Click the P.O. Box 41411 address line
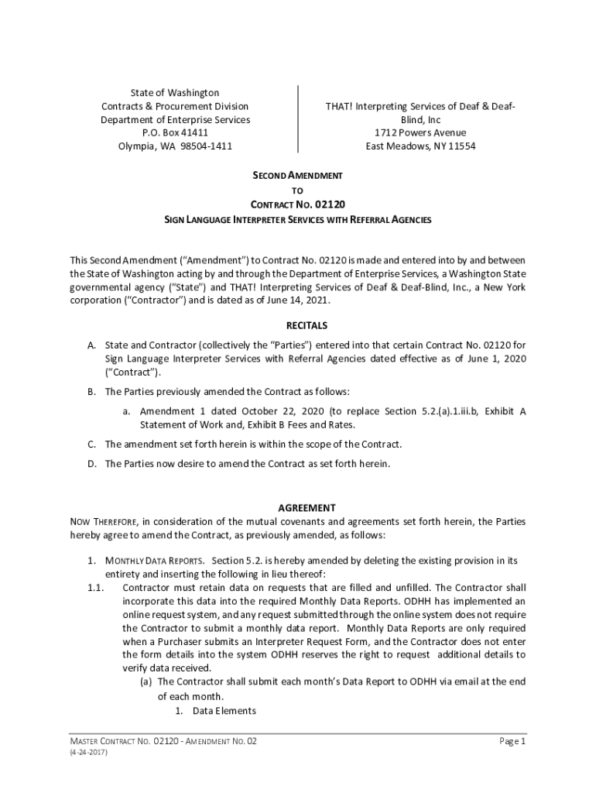175,133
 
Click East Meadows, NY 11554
420,146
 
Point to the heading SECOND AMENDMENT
298,176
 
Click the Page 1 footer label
512,741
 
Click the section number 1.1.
95,588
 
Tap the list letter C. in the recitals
91,445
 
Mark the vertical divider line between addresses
298,119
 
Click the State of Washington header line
175,93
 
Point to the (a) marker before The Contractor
146,681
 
